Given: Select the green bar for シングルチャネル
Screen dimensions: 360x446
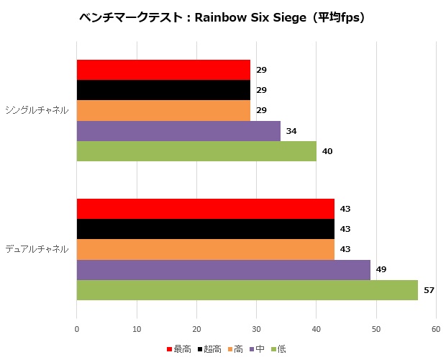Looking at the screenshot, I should [x=196, y=151].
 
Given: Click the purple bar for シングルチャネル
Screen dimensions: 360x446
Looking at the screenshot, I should [x=178, y=131].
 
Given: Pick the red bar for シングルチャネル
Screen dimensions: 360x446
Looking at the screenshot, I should [x=163, y=70].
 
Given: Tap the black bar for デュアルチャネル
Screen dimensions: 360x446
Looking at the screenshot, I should [x=206, y=229].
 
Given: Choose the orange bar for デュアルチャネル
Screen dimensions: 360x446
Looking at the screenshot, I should [x=206, y=249].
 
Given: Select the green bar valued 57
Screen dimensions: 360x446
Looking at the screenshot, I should [x=247, y=290].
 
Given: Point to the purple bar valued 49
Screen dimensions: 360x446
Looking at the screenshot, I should [x=224, y=270].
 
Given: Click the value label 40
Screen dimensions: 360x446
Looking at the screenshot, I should [x=327, y=151].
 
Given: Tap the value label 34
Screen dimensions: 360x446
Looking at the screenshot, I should [x=291, y=131].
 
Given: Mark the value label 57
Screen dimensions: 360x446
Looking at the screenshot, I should [x=429, y=290].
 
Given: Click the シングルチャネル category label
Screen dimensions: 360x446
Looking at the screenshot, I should [x=37, y=110].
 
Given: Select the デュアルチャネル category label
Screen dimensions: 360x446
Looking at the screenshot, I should [x=37, y=249].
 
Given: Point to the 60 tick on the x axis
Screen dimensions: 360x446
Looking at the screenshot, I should [x=435, y=329].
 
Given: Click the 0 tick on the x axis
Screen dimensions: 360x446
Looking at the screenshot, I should [x=77, y=329].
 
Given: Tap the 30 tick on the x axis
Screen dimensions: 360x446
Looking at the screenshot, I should [x=256, y=329].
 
